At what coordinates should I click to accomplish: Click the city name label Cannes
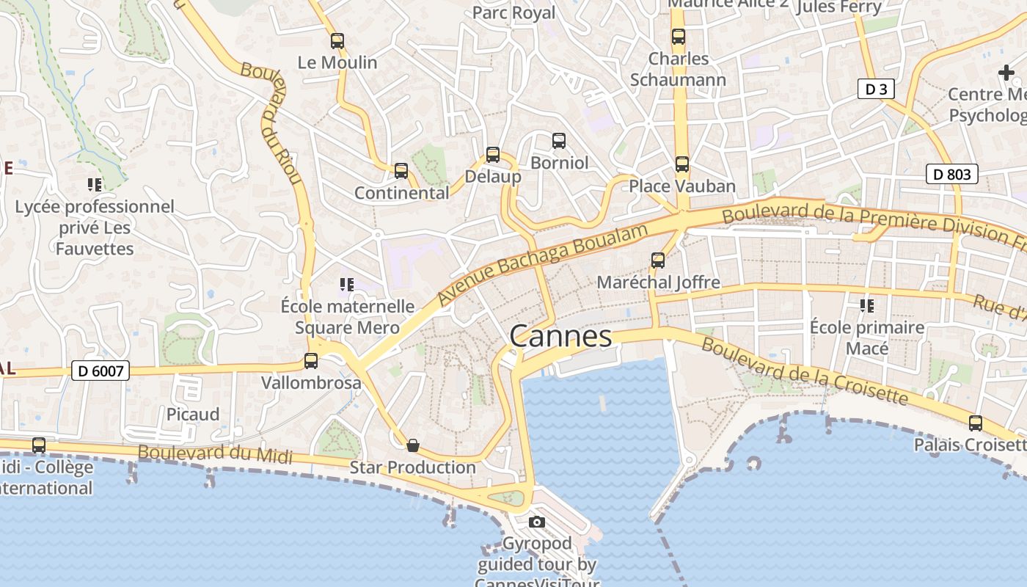tap(560, 336)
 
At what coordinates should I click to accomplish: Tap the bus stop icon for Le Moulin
tap(337, 41)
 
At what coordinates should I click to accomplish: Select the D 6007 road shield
tap(101, 371)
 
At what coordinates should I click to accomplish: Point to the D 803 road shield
tap(952, 174)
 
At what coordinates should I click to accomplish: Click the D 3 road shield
tap(876, 90)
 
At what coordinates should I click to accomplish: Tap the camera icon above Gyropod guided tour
tap(537, 522)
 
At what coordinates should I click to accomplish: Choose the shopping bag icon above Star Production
tap(413, 445)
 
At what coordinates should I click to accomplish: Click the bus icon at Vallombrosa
tap(311, 361)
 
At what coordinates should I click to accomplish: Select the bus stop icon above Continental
tap(401, 171)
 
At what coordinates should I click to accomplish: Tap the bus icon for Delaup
tap(493, 155)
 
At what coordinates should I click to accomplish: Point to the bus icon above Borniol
tap(559, 140)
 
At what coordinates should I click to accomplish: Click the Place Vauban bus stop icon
tap(682, 164)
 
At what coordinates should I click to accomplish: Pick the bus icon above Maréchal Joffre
tap(658, 260)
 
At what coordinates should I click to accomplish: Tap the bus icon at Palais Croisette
tap(976, 423)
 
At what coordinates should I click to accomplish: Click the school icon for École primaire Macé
tap(867, 305)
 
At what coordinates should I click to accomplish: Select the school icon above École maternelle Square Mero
tap(347, 284)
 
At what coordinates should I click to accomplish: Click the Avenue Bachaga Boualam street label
tap(543, 265)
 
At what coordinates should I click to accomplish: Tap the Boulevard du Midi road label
tap(215, 454)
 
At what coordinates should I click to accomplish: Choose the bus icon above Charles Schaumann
tap(679, 37)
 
